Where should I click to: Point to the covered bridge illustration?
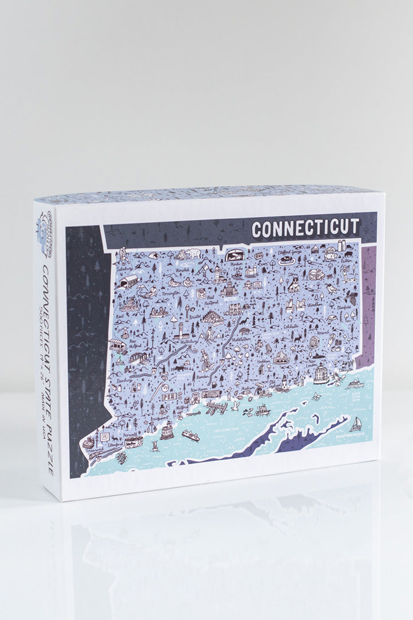click(x=130, y=282)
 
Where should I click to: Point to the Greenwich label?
click(x=94, y=451)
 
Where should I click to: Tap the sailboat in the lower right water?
click(x=356, y=423)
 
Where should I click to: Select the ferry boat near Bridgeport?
click(x=190, y=436)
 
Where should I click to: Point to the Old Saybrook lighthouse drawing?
click(x=283, y=383)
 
